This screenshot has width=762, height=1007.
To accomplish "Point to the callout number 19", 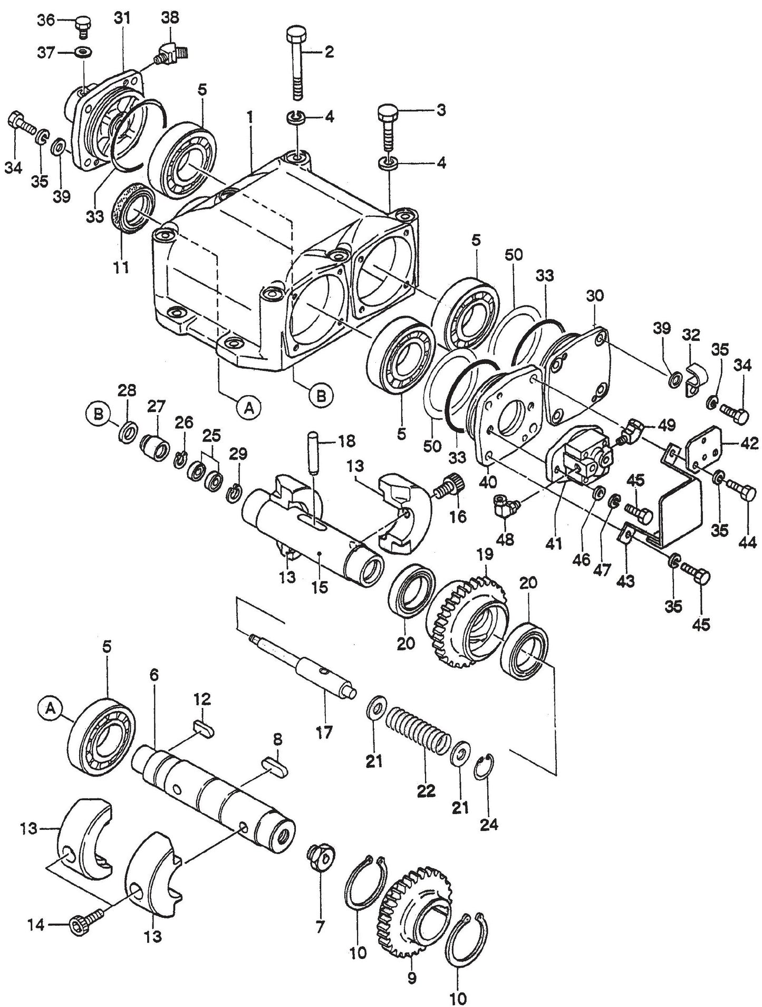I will click(485, 554).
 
